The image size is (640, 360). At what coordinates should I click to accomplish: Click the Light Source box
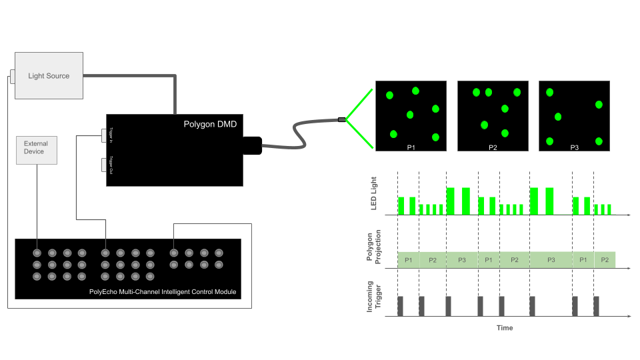(x=49, y=76)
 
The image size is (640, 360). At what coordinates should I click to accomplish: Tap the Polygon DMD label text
(x=209, y=123)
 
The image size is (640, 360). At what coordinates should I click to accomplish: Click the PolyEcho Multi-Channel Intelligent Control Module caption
(x=163, y=292)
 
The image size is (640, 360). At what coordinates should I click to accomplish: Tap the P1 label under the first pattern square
(x=411, y=147)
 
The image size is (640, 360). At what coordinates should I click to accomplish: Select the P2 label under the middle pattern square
(x=493, y=147)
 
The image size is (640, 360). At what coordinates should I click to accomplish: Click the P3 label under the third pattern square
(x=574, y=147)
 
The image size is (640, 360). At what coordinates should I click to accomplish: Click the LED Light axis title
(x=373, y=193)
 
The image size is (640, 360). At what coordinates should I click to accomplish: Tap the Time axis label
(x=505, y=327)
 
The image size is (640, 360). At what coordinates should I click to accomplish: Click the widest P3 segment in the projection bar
(x=551, y=260)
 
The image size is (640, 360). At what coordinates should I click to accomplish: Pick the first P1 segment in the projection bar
(x=408, y=260)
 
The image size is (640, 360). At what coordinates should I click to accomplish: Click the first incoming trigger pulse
(x=401, y=305)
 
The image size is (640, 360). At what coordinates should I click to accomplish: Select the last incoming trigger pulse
(x=596, y=305)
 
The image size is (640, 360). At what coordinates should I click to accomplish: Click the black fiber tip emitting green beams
(x=342, y=120)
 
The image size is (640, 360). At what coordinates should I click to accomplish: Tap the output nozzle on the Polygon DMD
(x=252, y=146)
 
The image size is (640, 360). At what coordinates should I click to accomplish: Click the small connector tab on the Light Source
(x=12, y=76)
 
